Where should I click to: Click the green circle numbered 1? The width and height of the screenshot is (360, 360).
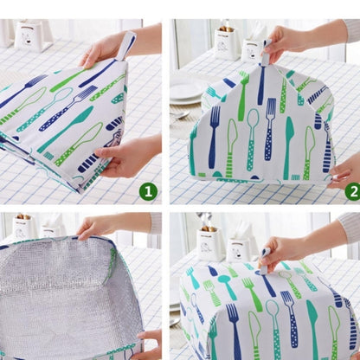(x=148, y=191)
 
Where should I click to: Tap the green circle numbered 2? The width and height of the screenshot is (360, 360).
(x=351, y=191)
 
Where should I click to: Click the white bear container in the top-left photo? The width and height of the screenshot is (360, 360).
(x=32, y=35)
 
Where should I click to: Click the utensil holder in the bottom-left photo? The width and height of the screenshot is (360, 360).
(x=22, y=228)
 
